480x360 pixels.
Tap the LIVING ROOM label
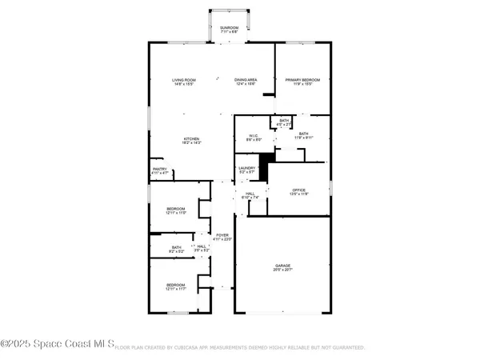(185, 81)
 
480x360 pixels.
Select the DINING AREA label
(246, 81)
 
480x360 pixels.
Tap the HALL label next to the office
(250, 194)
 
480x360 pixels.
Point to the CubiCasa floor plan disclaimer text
(240, 348)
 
